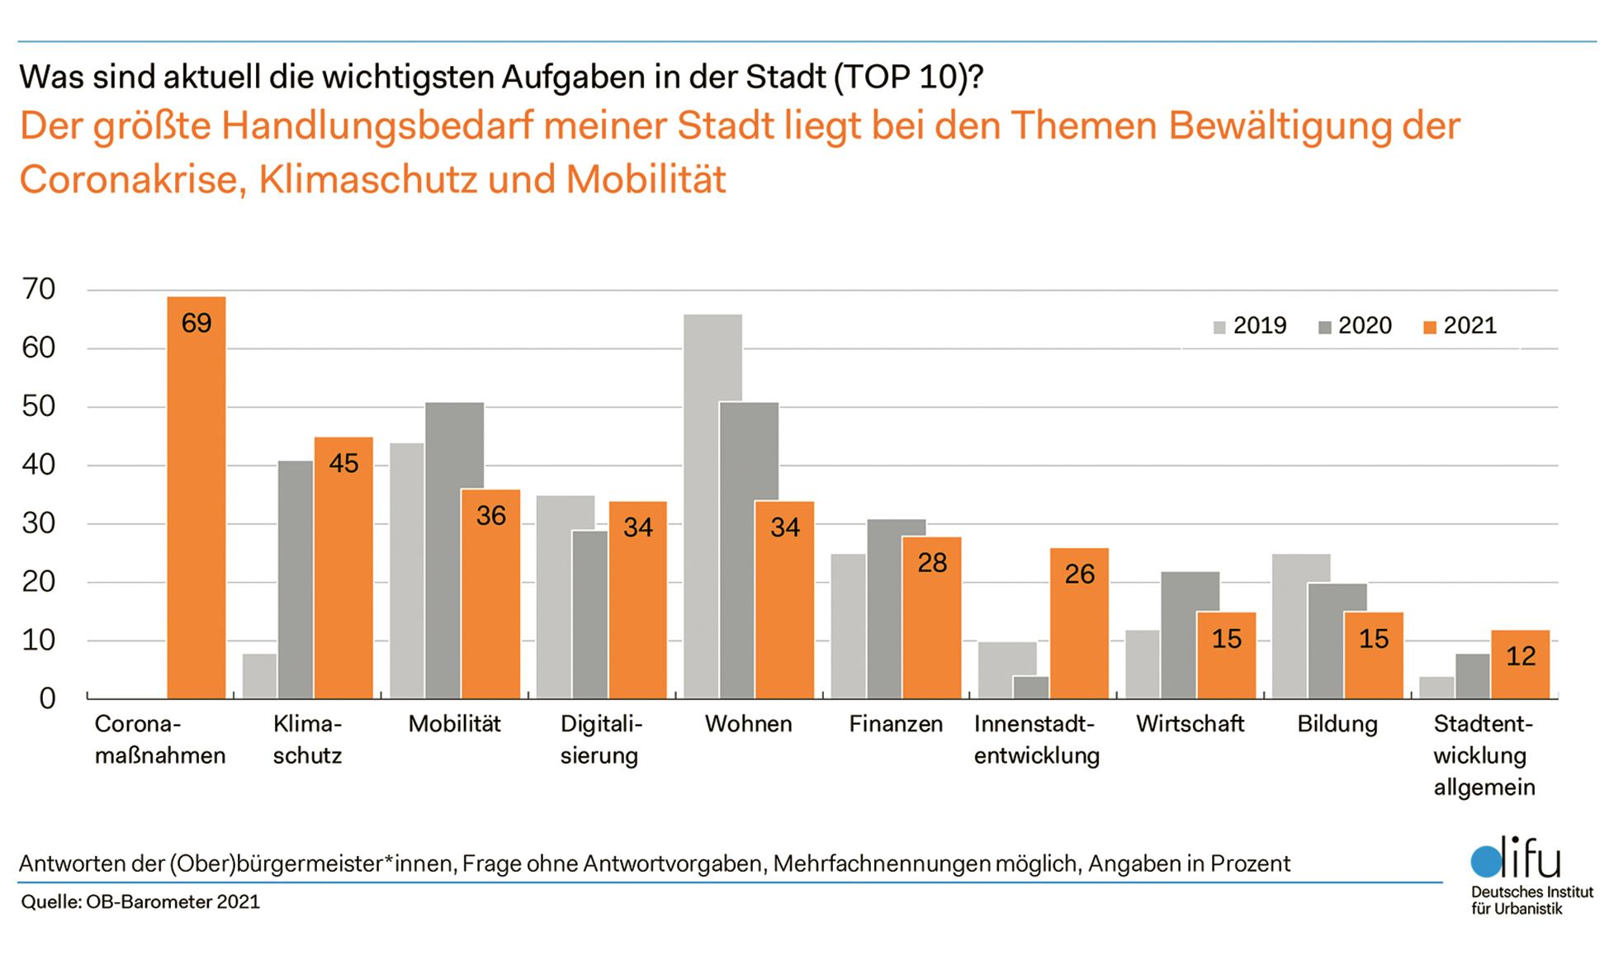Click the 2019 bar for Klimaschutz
(x=260, y=677)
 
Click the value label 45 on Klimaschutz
(x=343, y=464)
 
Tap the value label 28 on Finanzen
(x=932, y=563)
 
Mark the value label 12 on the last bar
(x=1521, y=656)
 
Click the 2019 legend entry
(x=1250, y=326)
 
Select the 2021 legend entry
(x=1460, y=326)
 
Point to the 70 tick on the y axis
(x=39, y=289)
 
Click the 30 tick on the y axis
(x=39, y=523)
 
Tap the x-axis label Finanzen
(x=896, y=724)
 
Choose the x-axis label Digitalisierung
(x=600, y=740)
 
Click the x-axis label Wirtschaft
(x=1190, y=724)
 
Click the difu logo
(x=1517, y=861)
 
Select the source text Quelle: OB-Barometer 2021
(x=140, y=901)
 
